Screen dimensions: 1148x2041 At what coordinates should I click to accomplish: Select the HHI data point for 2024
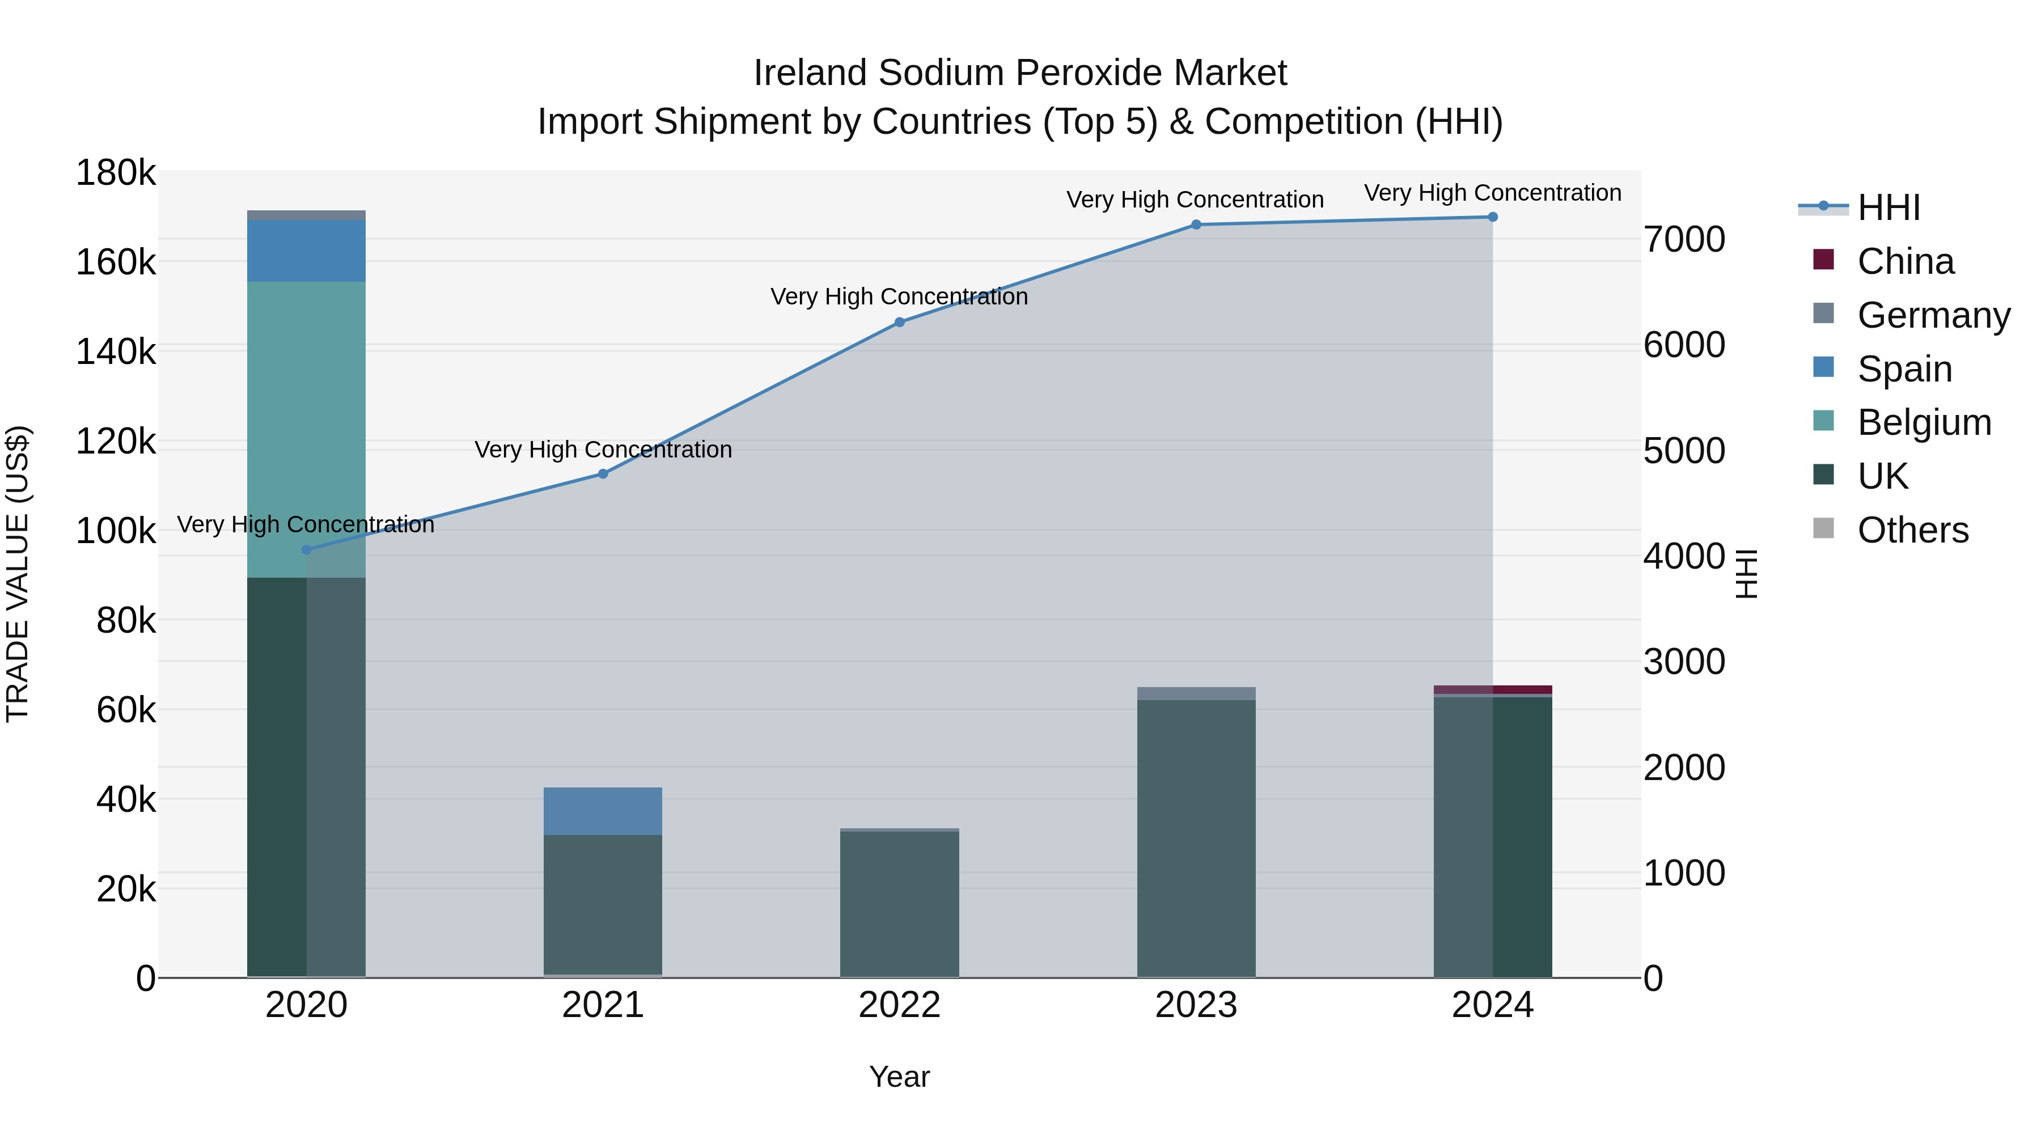[x=1492, y=217]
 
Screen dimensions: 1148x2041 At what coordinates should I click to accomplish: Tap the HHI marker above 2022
[x=899, y=323]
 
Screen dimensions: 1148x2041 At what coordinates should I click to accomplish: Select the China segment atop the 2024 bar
[x=1492, y=689]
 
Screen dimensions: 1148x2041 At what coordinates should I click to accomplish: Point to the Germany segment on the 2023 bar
[x=1196, y=693]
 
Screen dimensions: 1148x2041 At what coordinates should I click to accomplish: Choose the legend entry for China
[x=1905, y=261]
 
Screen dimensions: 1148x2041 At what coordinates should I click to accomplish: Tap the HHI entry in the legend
[x=1888, y=207]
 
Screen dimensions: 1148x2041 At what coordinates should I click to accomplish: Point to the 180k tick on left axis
[x=116, y=173]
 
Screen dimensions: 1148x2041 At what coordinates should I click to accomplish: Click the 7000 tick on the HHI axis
[x=1684, y=239]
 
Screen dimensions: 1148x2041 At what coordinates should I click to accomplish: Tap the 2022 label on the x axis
[x=899, y=1005]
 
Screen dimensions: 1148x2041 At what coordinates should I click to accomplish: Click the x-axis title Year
[x=899, y=1077]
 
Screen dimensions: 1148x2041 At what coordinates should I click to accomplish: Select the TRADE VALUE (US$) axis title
[x=18, y=574]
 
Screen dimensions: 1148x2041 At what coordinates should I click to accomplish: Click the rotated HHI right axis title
[x=1746, y=574]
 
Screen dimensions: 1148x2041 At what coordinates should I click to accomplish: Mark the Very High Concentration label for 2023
[x=1195, y=200]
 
